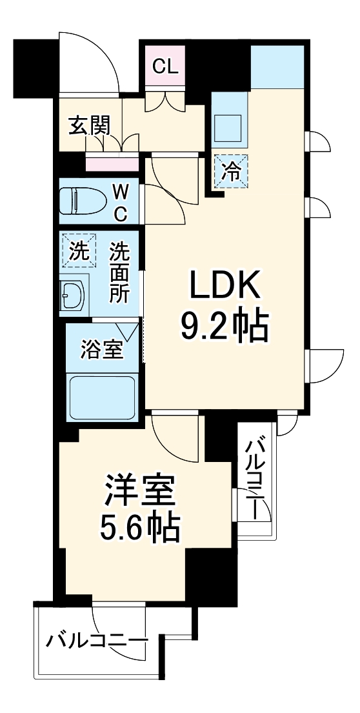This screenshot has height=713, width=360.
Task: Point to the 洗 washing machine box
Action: point(77,252)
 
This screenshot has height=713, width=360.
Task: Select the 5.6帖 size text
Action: point(139,529)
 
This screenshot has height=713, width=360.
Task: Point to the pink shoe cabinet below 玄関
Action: point(112,163)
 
